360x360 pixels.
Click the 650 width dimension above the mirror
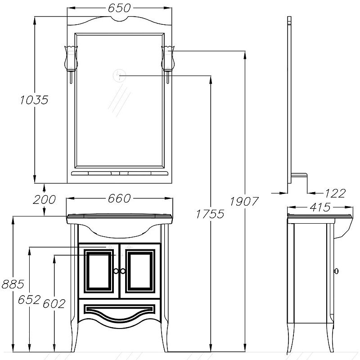pyautogui.click(x=119, y=8)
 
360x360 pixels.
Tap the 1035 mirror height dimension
pyautogui.click(x=34, y=100)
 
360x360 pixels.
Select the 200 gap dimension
pyautogui.click(x=44, y=199)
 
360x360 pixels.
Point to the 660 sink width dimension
pyautogui.click(x=119, y=198)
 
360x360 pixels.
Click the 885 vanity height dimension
pyautogui.click(x=13, y=284)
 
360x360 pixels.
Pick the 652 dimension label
pyautogui.click(x=29, y=299)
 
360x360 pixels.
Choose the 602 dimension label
pyautogui.click(x=54, y=304)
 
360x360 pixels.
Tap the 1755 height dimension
pyautogui.click(x=210, y=214)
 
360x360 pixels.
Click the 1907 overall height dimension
pyautogui.click(x=244, y=202)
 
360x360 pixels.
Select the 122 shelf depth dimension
pyautogui.click(x=335, y=193)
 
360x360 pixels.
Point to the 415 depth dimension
pyautogui.click(x=320, y=207)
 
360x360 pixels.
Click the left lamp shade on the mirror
pyautogui.click(x=71, y=58)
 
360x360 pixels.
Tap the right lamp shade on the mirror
pyautogui.click(x=168, y=58)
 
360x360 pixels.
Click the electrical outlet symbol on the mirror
pyautogui.click(x=120, y=76)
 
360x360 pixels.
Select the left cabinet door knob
pyautogui.click(x=116, y=271)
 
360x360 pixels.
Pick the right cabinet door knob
pyautogui.click(x=123, y=271)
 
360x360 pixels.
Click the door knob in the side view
pyautogui.click(x=336, y=271)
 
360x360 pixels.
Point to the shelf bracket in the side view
pyautogui.click(x=299, y=176)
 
